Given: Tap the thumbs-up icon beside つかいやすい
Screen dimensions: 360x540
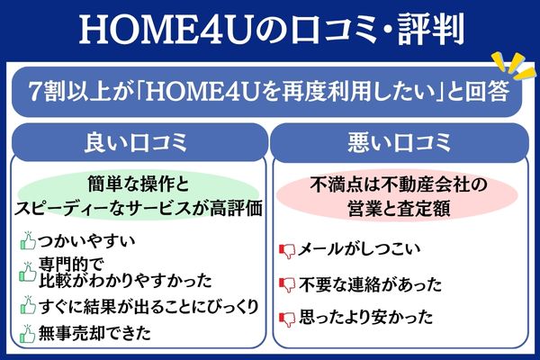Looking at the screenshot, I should [x=27, y=241].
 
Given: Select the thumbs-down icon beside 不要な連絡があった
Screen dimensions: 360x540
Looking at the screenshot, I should [x=288, y=284].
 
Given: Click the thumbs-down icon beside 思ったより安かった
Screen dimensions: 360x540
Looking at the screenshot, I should [x=288, y=317].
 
